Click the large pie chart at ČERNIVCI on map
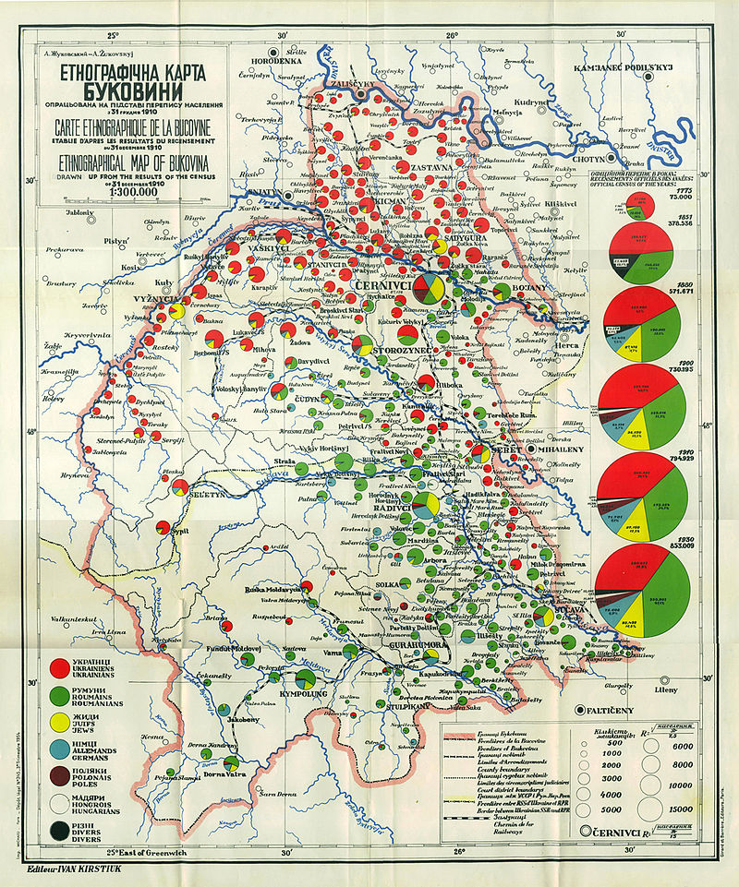(x=427, y=288)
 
